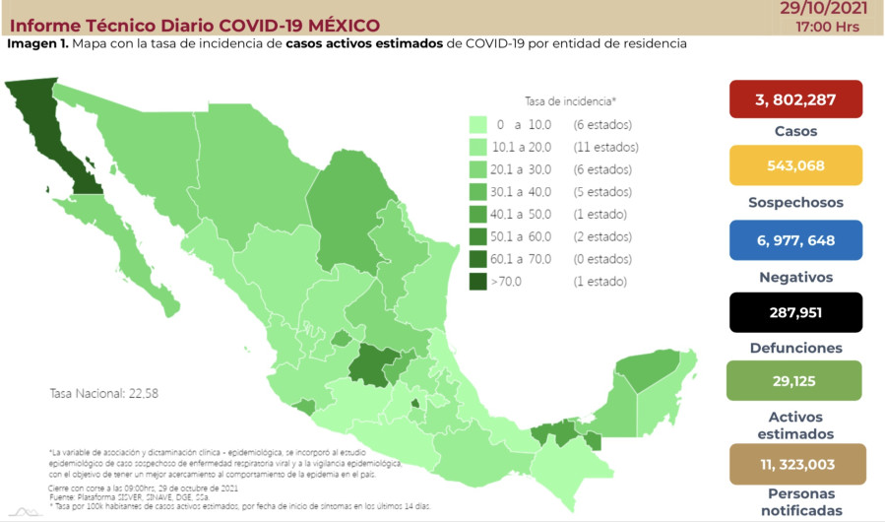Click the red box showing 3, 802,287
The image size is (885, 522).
coord(795,98)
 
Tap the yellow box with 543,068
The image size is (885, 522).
coord(795,165)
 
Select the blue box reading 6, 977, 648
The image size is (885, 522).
coord(795,240)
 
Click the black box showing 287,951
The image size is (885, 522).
coord(795,312)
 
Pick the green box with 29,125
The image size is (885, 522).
coord(795,380)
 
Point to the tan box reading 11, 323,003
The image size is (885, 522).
coord(795,463)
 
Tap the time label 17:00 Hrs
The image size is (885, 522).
coord(830,27)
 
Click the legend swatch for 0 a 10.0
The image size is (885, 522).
coord(478,125)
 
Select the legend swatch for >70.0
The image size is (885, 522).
coord(478,282)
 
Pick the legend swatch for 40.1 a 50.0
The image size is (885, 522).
coord(478,215)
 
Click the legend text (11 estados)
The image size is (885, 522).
coord(605,148)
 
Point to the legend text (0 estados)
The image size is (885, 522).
coord(601,259)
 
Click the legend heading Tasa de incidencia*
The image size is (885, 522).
coord(570,100)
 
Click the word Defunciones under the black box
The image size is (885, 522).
coord(795,348)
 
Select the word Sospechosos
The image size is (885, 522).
coord(795,202)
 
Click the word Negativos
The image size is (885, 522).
coord(795,277)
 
